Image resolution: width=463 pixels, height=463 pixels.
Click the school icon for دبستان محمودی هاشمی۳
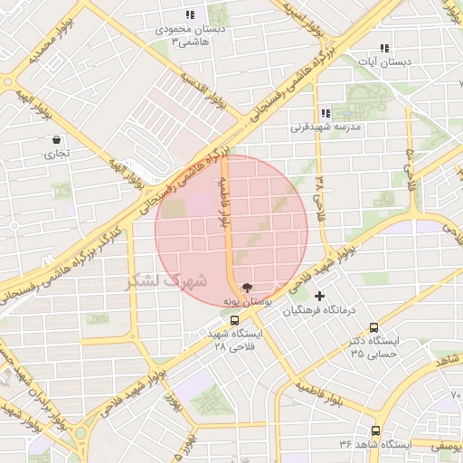190,14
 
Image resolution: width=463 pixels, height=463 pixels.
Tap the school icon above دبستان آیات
384,48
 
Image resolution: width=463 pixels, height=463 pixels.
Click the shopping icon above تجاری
57,140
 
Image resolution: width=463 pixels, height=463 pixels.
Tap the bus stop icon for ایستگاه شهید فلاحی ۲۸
235,320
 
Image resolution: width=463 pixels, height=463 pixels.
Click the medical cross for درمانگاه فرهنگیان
318,296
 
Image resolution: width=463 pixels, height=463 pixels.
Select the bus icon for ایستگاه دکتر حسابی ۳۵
374,328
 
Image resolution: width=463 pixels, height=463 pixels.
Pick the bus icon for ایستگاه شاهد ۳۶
375,431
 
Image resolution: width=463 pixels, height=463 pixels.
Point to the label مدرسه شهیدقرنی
326,128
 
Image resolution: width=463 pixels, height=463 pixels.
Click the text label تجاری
57,154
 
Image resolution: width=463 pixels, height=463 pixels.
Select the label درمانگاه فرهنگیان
321,310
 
